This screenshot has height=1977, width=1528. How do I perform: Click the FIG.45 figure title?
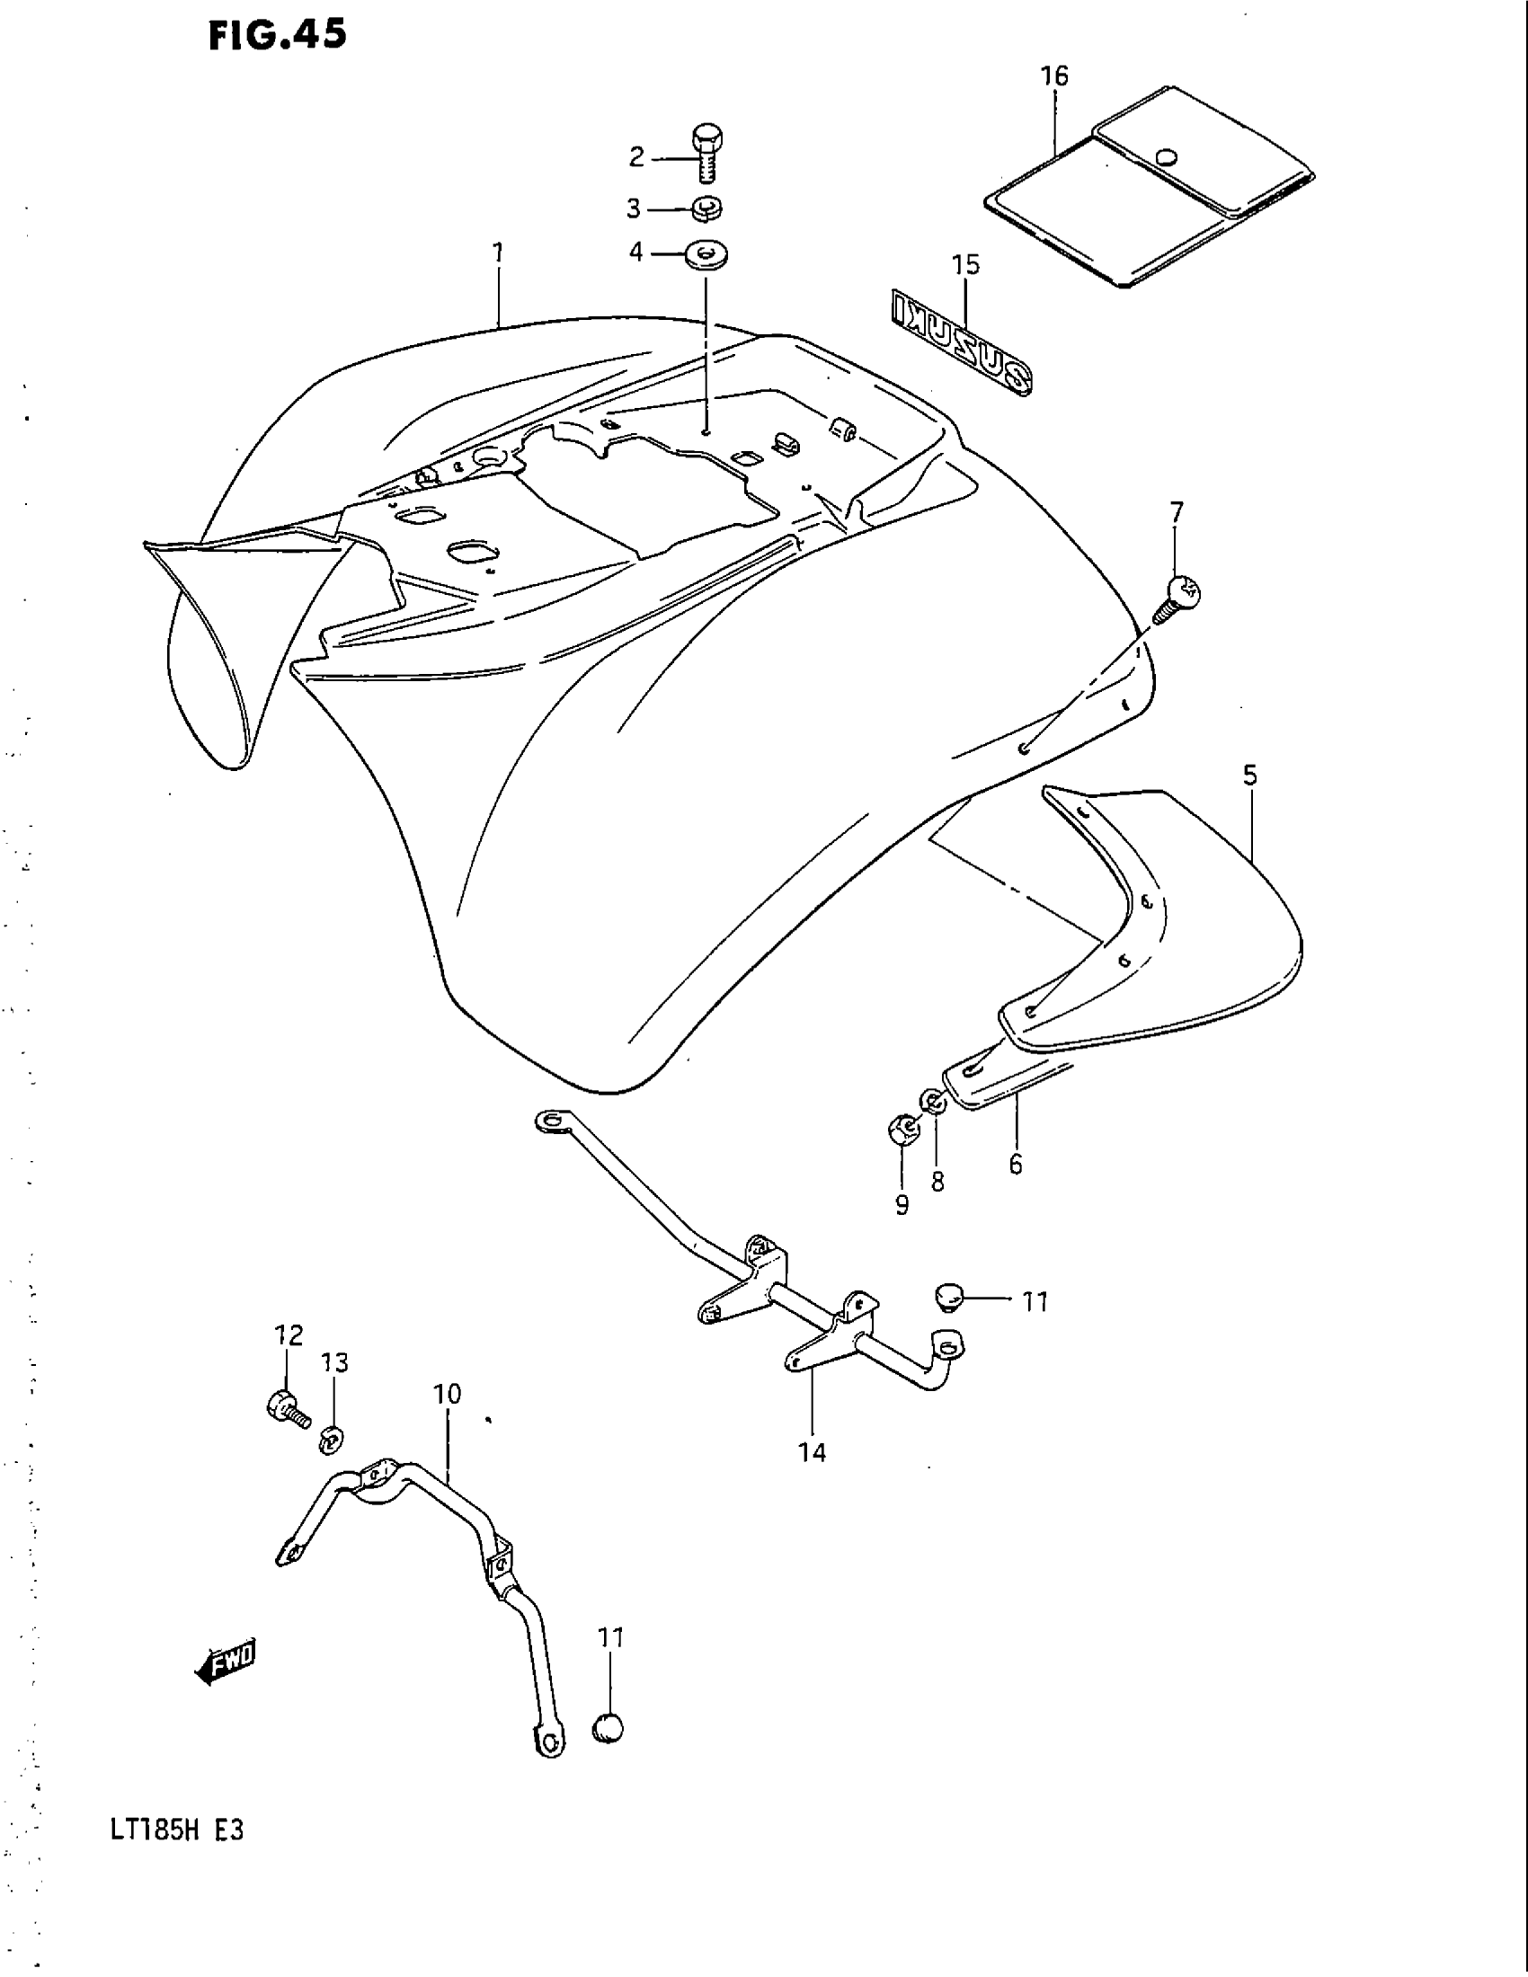point(276,35)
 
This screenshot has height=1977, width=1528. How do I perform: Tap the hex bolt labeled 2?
point(706,154)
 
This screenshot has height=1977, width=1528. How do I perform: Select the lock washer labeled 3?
point(707,209)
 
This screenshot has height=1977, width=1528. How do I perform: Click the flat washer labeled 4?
point(708,253)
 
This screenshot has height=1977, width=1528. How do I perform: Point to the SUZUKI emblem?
point(963,343)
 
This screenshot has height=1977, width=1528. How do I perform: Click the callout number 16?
point(1054,76)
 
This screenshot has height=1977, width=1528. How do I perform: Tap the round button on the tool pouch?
point(1167,157)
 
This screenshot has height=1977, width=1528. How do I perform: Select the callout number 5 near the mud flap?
point(1249,775)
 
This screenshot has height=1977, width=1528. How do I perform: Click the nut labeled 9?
point(902,1129)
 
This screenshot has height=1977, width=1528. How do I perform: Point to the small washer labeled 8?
point(932,1102)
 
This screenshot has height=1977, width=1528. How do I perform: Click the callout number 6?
point(1015,1164)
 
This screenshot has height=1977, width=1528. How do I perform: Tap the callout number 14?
point(812,1452)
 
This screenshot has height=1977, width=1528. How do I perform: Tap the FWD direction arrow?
point(227,1658)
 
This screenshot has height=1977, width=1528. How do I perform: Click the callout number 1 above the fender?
point(497,253)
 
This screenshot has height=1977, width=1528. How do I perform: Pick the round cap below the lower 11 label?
point(609,1727)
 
